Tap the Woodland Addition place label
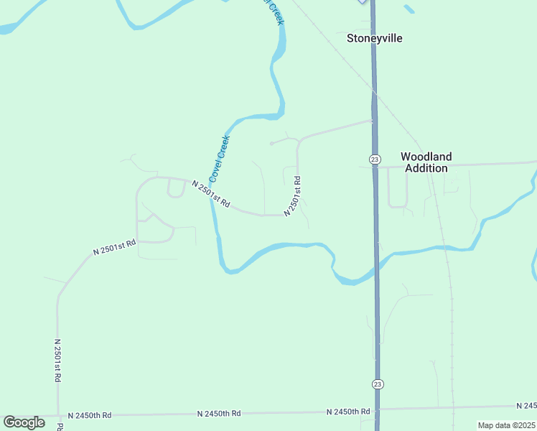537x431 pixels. point(426,162)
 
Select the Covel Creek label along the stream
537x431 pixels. point(218,158)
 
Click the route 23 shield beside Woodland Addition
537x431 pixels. point(375,159)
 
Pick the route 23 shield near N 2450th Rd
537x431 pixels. point(378,384)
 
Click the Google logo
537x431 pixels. point(24,422)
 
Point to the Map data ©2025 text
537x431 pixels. point(506,425)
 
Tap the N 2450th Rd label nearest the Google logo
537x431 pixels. point(90,415)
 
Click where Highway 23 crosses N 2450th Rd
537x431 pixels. point(377,409)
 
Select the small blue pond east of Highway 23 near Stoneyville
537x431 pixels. point(409,9)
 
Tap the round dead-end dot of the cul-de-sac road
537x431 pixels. point(271,143)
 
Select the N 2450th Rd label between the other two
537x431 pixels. point(219,414)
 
